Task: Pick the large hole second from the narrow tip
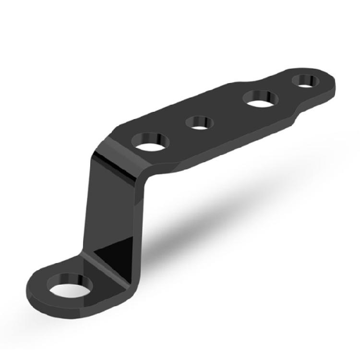click(261, 99)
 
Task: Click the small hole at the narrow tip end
click(305, 80)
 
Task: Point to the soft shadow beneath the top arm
click(216, 211)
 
